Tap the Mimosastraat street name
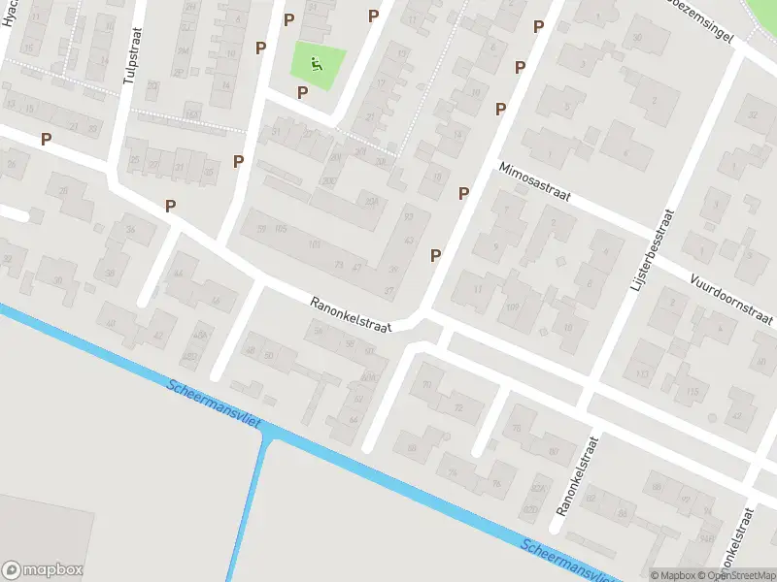(534, 182)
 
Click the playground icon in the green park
(316, 65)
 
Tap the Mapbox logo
(43, 570)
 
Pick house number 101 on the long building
(314, 244)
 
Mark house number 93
(409, 215)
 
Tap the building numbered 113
(641, 373)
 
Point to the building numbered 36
(131, 229)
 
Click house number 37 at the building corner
(389, 290)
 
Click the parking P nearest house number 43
(436, 255)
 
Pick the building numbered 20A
(370, 201)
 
